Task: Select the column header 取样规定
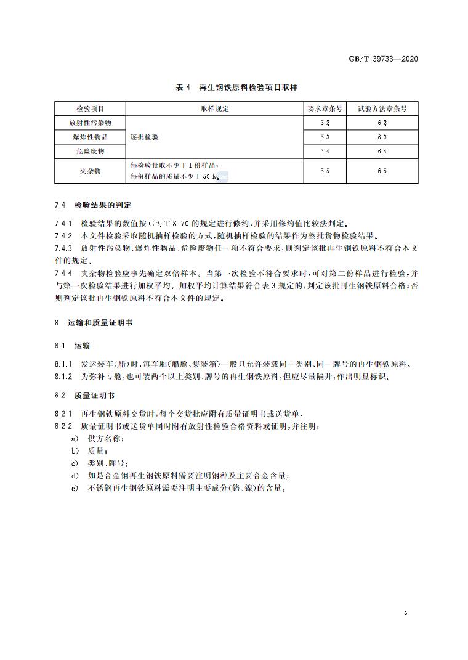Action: pos(214,108)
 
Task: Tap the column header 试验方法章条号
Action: pos(382,108)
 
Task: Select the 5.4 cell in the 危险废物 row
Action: pos(325,151)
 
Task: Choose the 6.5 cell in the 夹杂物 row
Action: pos(382,171)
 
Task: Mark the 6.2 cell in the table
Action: pos(382,123)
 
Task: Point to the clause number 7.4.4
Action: pos(63,272)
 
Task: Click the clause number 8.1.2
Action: pos(63,376)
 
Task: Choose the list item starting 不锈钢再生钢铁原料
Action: pos(179,488)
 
